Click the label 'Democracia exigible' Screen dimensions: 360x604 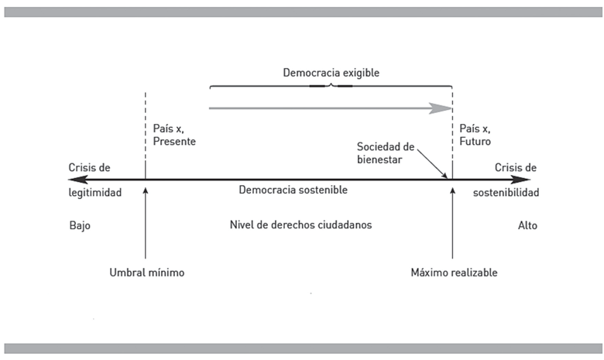[x=331, y=73]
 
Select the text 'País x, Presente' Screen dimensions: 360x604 [x=175, y=135]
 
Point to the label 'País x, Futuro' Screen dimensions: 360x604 [x=475, y=135]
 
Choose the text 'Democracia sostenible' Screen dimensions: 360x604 [x=293, y=190]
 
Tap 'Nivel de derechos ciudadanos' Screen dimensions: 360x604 [x=300, y=225]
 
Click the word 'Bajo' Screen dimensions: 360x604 [x=80, y=226]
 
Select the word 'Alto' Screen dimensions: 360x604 [x=527, y=226]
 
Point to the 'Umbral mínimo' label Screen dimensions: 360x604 [x=147, y=273]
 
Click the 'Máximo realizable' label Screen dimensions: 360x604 [x=455, y=273]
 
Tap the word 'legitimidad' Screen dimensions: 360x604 [x=95, y=193]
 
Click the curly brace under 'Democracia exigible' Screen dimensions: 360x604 [x=331, y=85]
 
